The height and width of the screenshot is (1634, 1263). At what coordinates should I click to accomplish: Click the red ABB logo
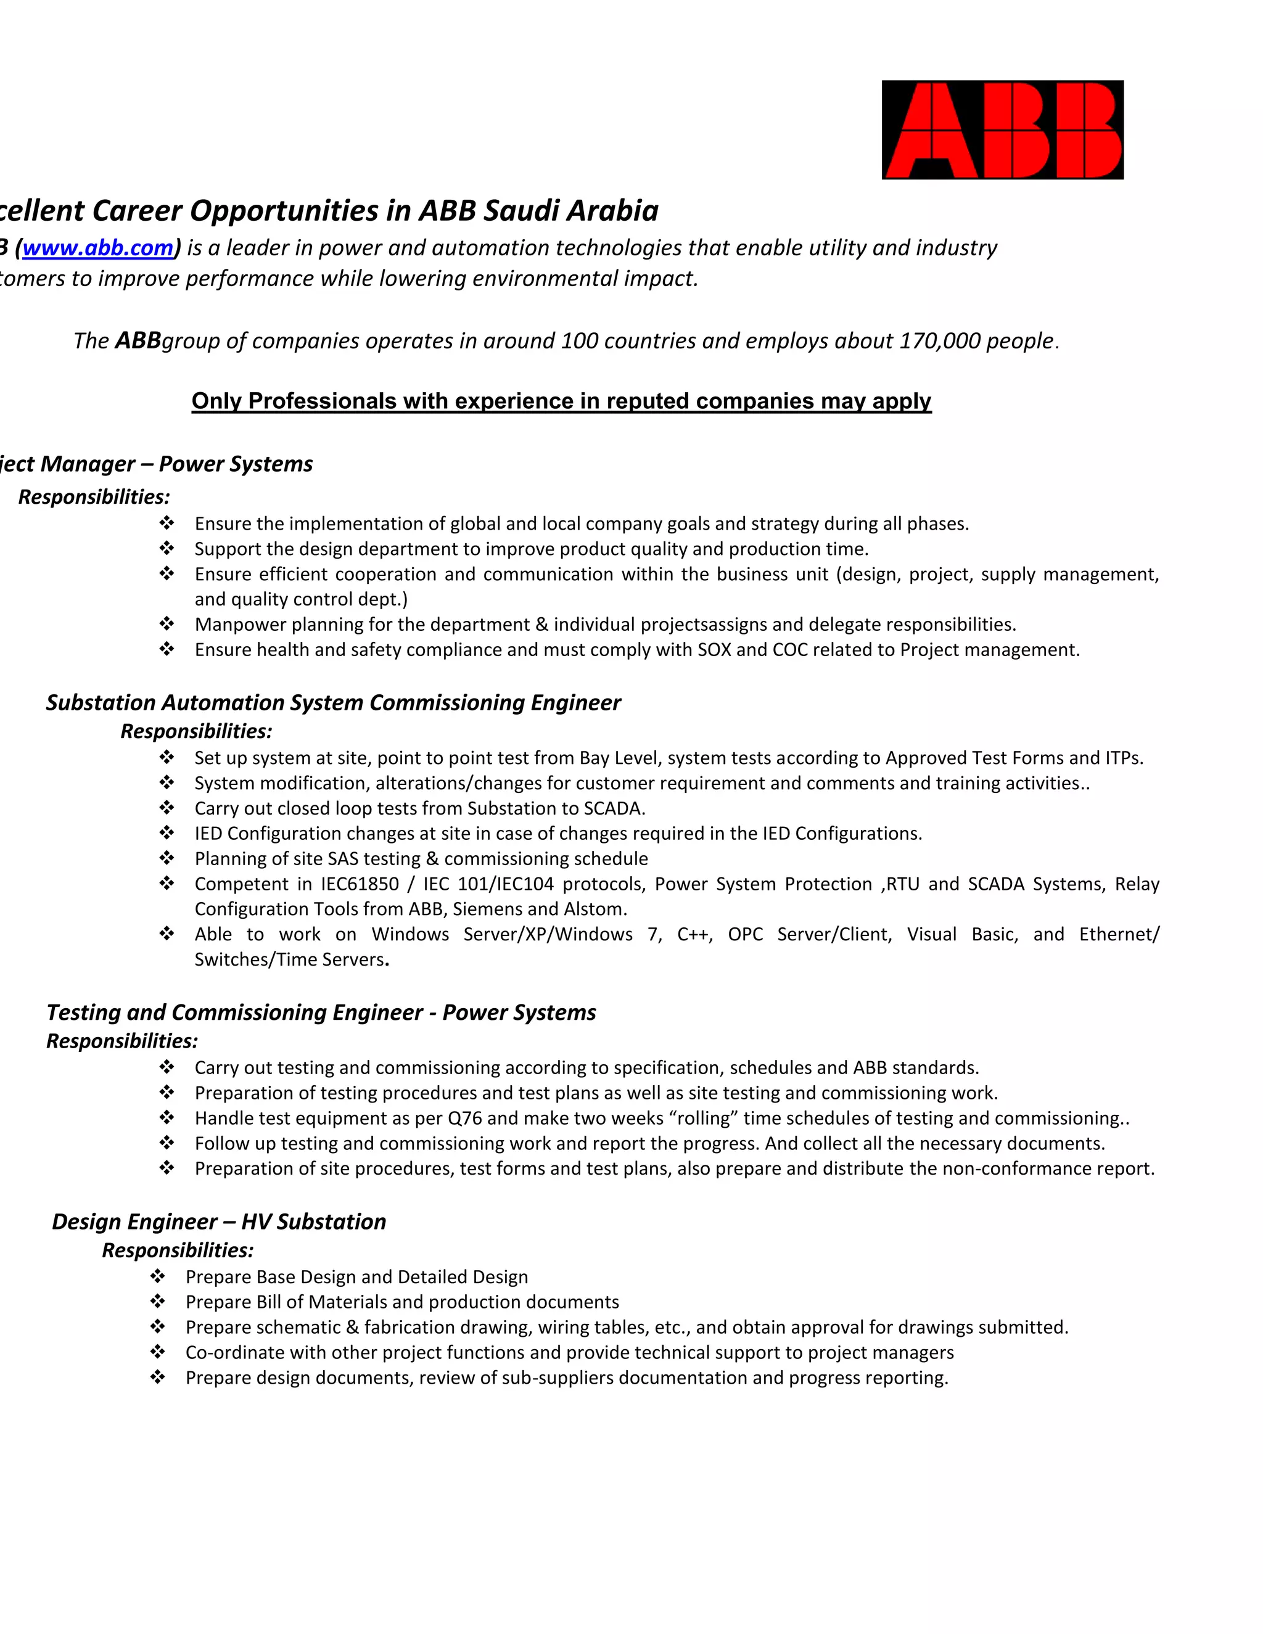click(1002, 129)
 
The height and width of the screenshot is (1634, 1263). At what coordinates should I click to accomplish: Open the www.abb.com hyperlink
click(98, 248)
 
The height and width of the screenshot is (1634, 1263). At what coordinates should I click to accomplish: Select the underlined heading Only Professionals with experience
click(561, 401)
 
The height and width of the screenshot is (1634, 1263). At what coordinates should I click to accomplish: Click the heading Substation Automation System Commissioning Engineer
click(333, 702)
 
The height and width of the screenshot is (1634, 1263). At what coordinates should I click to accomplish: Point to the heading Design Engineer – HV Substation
click(218, 1221)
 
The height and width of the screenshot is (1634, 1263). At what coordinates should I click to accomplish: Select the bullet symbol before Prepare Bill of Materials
click(157, 1302)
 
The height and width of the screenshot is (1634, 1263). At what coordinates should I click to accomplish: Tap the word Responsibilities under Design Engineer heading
click(178, 1250)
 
